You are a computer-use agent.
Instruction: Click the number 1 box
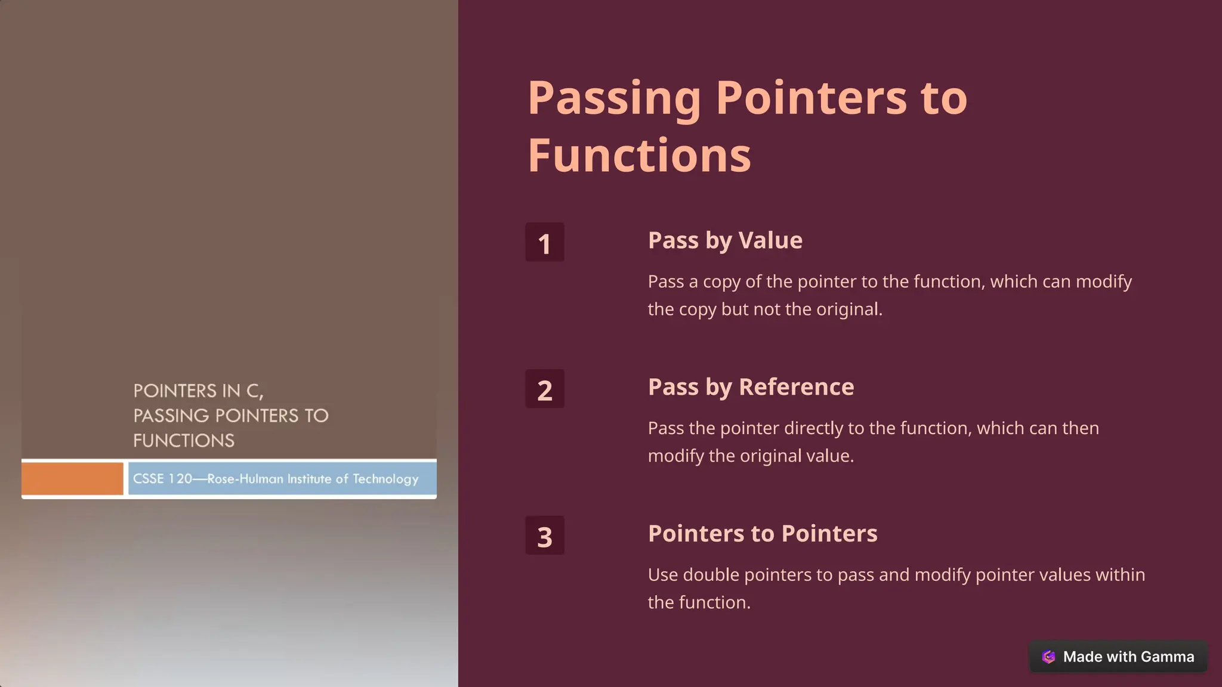click(x=544, y=242)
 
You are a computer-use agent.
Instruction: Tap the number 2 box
click(x=544, y=389)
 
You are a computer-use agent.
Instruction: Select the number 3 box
click(x=544, y=536)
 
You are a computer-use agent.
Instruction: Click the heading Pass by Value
click(x=725, y=240)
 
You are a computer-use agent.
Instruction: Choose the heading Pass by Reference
click(x=751, y=387)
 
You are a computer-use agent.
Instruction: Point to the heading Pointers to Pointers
click(x=763, y=534)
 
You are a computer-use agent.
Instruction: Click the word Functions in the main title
click(x=639, y=155)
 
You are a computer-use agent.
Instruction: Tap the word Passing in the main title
click(x=614, y=98)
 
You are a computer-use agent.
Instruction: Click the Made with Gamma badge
click(x=1118, y=657)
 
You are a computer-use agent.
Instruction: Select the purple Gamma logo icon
click(x=1048, y=657)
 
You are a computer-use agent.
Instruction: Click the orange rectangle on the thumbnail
click(x=72, y=478)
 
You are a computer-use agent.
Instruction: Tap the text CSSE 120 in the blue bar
click(x=162, y=479)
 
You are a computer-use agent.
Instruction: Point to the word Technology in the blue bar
click(x=385, y=479)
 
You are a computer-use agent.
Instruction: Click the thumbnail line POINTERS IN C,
click(x=198, y=391)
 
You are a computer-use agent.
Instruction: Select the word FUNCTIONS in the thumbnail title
click(x=184, y=441)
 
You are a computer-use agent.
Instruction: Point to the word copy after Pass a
click(x=721, y=281)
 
